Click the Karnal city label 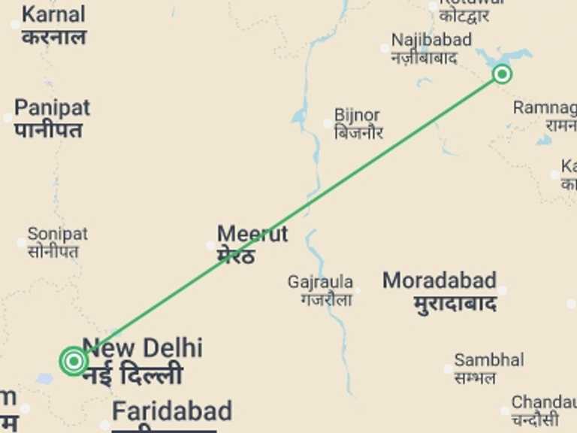click(53, 15)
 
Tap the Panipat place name click(52, 107)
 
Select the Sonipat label click(57, 234)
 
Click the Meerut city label click(252, 233)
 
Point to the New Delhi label click(142, 348)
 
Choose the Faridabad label click(171, 411)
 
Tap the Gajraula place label click(320, 282)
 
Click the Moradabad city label click(440, 281)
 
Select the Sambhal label click(488, 360)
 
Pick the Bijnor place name click(357, 116)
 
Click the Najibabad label click(431, 39)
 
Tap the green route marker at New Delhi click(74, 361)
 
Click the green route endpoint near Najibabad click(503, 74)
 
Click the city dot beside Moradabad click(501, 290)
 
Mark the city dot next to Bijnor click(328, 124)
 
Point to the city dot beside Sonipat click(21, 242)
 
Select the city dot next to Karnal click(15, 25)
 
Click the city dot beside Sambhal click(449, 368)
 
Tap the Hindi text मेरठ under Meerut click(236, 256)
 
